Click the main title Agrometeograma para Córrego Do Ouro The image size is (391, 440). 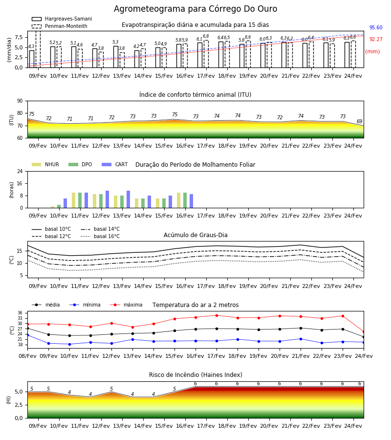pyautogui.click(x=195, y=9)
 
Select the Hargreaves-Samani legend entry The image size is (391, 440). pyautogui.click(x=62, y=19)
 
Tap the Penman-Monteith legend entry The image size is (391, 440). pyautogui.click(x=60, y=26)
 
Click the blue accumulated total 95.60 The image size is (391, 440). pyautogui.click(x=376, y=27)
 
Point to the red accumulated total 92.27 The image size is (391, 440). pyautogui.click(x=376, y=39)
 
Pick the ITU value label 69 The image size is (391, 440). pyautogui.click(x=359, y=122)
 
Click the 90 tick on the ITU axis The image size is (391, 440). pyautogui.click(x=20, y=101)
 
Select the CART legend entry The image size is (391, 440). pyautogui.click(x=115, y=164)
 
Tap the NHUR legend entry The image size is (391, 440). pyautogui.click(x=45, y=164)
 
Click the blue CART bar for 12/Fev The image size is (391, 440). pyautogui.click(x=107, y=199)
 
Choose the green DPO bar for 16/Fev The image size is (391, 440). pyautogui.click(x=185, y=200)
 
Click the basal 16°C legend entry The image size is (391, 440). pyautogui.click(x=100, y=236)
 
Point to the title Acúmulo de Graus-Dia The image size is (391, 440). pyautogui.click(x=195, y=235)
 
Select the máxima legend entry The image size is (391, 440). pyautogui.click(x=126, y=305)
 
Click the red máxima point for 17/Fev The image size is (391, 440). pyautogui.click(x=217, y=315)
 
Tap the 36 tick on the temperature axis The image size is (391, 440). pyautogui.click(x=20, y=313)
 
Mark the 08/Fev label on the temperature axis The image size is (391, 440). pyautogui.click(x=27, y=356)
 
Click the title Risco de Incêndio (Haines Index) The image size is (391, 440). pyautogui.click(x=195, y=375)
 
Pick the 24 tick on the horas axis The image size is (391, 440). pyautogui.click(x=20, y=172)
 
